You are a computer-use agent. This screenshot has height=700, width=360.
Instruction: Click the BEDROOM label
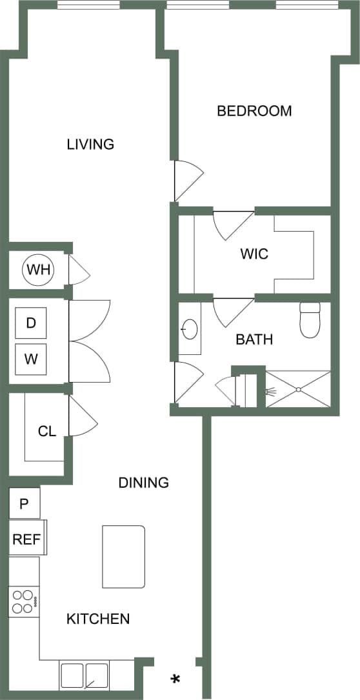(x=254, y=111)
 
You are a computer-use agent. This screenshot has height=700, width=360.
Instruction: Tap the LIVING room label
(x=90, y=144)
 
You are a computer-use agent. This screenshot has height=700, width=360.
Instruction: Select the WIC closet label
(x=254, y=254)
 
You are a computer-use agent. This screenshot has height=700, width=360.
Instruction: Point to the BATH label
(x=254, y=339)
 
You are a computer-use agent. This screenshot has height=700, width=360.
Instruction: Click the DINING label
(x=144, y=482)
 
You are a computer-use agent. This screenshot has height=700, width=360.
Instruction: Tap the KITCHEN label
(x=98, y=619)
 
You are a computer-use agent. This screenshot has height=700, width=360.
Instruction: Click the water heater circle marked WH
(x=38, y=270)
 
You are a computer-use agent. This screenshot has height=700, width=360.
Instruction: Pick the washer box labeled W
(x=31, y=359)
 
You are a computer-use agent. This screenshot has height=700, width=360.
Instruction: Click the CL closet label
(x=46, y=432)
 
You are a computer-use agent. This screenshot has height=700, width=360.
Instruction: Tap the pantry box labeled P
(x=25, y=503)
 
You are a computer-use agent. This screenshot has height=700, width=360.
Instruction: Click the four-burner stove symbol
(x=24, y=602)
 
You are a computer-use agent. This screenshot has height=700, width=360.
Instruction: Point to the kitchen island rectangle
(x=123, y=557)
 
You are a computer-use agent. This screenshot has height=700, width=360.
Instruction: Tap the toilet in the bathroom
(x=310, y=321)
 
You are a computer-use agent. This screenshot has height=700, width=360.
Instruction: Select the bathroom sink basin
(x=188, y=330)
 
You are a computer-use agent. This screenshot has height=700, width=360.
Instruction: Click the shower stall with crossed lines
(x=298, y=389)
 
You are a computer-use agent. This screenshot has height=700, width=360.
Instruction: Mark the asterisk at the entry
(x=175, y=679)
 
